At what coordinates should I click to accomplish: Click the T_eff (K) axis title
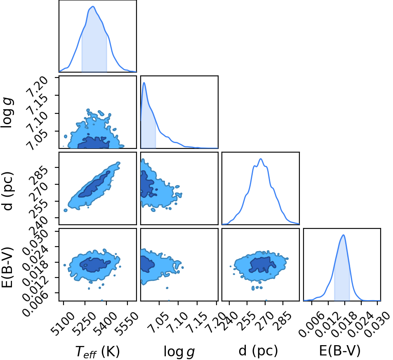(97, 351)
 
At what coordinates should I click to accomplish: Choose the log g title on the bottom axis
(179, 351)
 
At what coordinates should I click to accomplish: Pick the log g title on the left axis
(7, 113)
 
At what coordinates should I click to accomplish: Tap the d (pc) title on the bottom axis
(259, 351)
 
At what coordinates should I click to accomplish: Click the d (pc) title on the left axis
(8, 191)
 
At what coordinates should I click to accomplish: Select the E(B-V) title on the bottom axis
(340, 351)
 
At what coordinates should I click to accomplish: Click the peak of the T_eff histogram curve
(93, 7)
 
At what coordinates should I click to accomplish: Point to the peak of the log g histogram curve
(144, 83)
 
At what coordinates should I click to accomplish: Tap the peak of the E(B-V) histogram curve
(344, 235)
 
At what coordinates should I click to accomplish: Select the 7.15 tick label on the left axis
(37, 106)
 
